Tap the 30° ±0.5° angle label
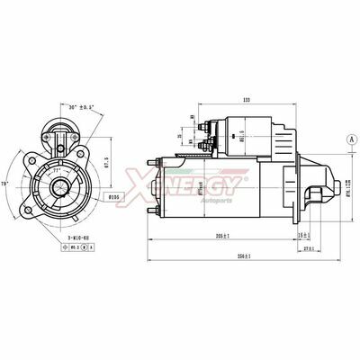[78, 108]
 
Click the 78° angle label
[7, 183]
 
